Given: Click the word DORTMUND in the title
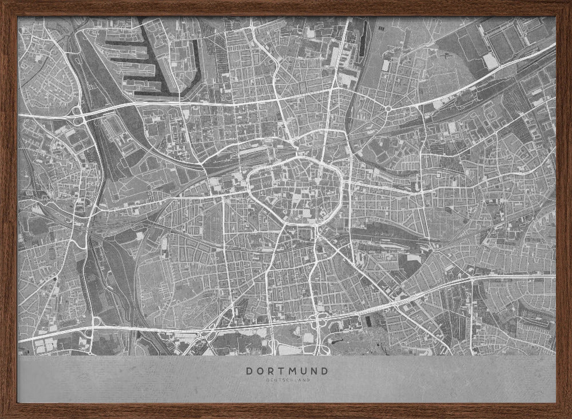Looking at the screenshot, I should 287,371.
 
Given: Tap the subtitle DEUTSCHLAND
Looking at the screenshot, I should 287,380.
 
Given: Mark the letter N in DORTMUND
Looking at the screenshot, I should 314,371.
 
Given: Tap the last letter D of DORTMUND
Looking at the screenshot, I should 325,371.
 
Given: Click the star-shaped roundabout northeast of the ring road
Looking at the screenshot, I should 388,108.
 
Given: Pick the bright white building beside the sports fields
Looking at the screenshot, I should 490,61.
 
